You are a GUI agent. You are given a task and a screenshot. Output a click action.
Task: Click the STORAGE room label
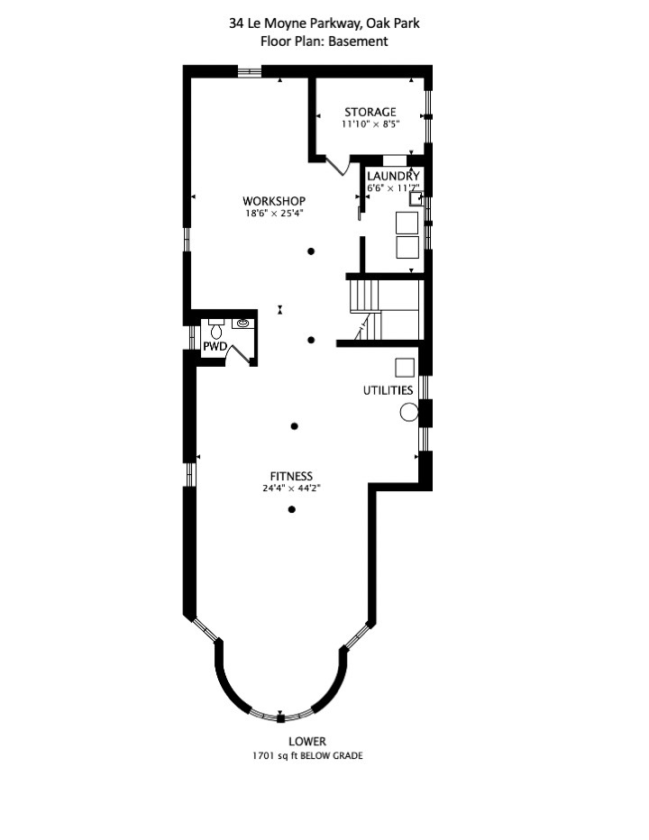click(x=370, y=112)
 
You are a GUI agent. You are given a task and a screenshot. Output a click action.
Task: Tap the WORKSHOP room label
click(x=274, y=201)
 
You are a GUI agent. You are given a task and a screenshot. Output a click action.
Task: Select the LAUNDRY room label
click(x=393, y=177)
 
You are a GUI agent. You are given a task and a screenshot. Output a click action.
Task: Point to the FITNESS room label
click(x=291, y=476)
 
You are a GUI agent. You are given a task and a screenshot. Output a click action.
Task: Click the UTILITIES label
click(x=388, y=390)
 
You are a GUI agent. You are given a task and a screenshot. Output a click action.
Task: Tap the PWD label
click(x=215, y=347)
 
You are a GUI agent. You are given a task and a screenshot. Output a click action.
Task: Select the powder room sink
click(x=243, y=323)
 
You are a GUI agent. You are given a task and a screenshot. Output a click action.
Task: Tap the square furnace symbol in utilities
click(x=405, y=368)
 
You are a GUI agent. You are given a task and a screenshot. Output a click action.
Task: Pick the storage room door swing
click(x=338, y=166)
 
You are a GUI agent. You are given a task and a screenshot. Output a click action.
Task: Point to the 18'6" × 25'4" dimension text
click(x=275, y=214)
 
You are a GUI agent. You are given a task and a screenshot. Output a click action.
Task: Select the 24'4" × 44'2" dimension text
click(x=291, y=488)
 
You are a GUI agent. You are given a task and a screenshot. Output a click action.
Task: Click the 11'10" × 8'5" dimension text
click(x=370, y=124)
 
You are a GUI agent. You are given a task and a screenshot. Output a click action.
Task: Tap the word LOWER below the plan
click(x=307, y=742)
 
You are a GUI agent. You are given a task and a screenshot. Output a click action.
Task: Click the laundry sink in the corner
click(x=416, y=199)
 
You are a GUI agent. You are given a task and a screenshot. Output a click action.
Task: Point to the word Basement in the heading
click(x=358, y=41)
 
